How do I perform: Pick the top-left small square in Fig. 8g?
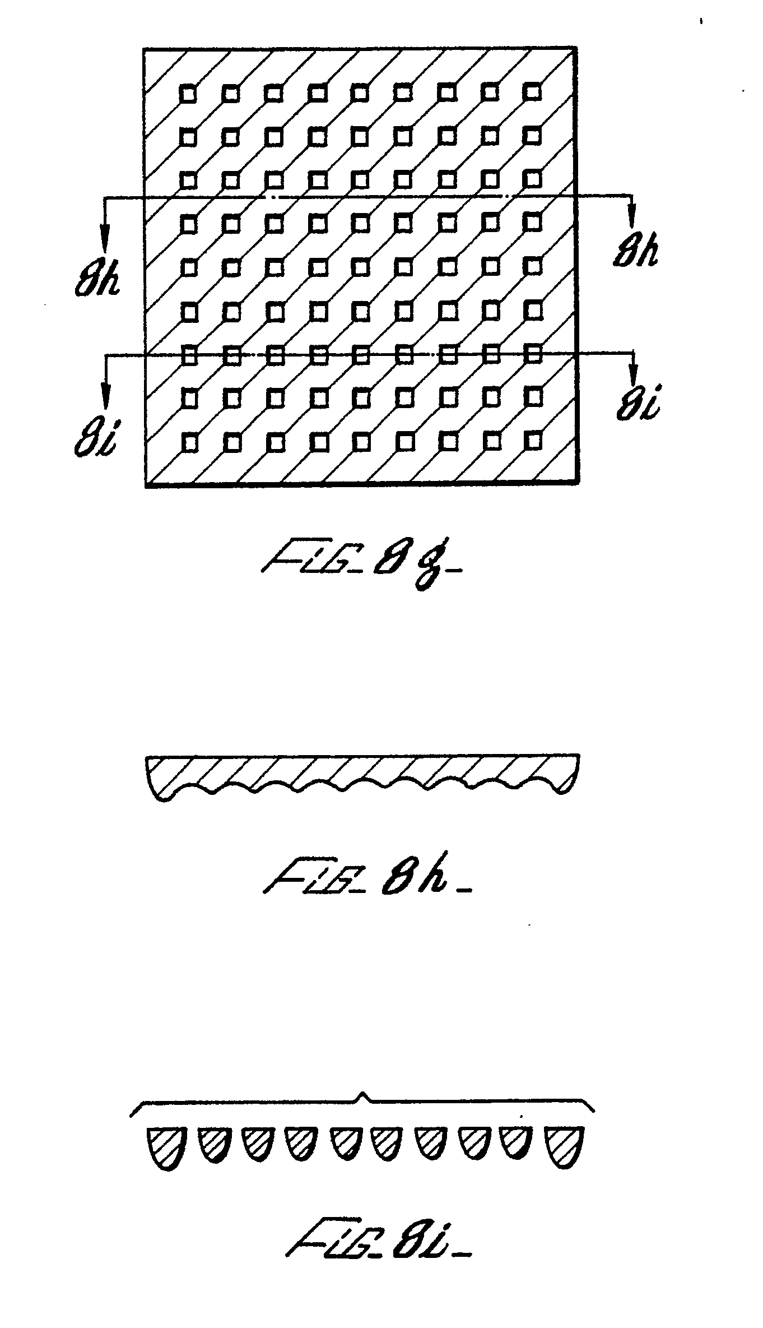click(x=188, y=93)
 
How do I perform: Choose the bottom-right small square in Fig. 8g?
click(x=535, y=441)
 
